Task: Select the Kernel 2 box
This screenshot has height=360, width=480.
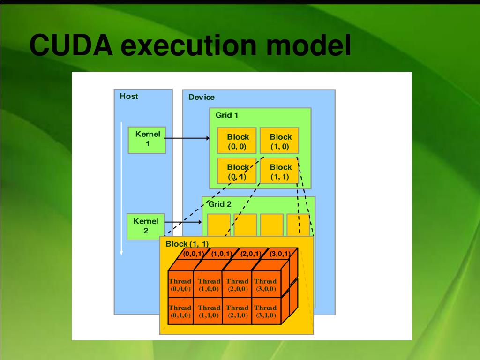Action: (146, 226)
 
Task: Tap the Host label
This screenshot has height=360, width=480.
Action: (129, 96)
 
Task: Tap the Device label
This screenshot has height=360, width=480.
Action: (202, 97)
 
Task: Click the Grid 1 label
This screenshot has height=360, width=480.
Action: (227, 115)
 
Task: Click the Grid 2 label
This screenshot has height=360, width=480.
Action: (220, 204)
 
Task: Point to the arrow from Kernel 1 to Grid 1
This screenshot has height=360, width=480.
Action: (187, 138)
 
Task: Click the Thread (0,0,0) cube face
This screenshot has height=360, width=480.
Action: (180, 285)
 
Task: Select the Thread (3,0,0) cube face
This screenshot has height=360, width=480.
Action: (265, 285)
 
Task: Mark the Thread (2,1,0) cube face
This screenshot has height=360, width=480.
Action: (237, 311)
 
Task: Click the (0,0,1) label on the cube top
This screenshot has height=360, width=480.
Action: (193, 254)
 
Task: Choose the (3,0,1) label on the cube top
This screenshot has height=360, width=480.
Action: (279, 254)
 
